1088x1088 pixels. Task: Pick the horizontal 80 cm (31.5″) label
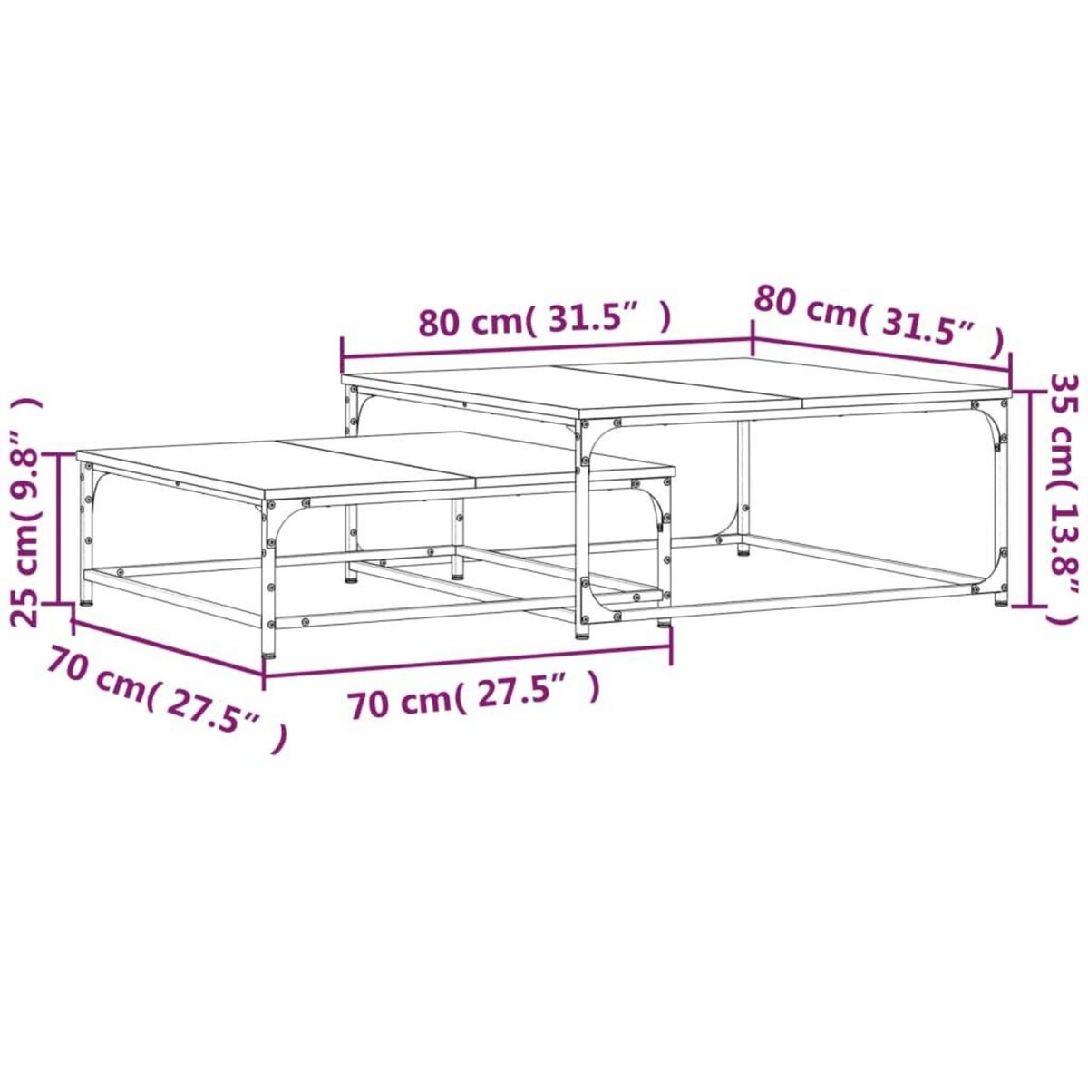click(x=545, y=318)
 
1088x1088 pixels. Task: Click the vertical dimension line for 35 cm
click(x=1035, y=498)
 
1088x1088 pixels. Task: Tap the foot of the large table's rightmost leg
click(x=1001, y=599)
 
